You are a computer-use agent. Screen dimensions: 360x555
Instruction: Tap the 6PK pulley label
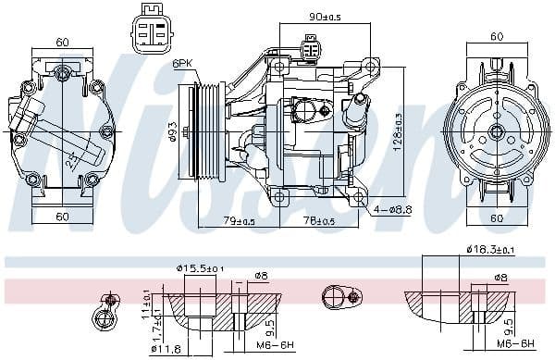pyautogui.click(x=182, y=63)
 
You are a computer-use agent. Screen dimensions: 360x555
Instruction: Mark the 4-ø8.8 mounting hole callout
pyautogui.click(x=392, y=210)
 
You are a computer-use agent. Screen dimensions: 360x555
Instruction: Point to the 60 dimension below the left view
pyautogui.click(x=62, y=217)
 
